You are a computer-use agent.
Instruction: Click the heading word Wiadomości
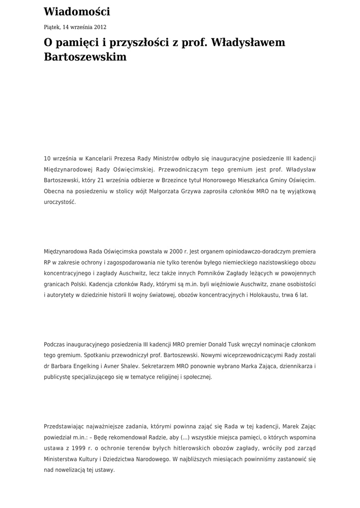click(77, 12)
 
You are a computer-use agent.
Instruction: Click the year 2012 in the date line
click(99, 27)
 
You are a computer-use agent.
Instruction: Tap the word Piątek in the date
click(52, 27)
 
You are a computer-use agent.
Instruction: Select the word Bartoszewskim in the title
click(85, 57)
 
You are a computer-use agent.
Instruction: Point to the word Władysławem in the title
click(248, 43)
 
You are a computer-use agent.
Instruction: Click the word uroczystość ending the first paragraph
click(60, 202)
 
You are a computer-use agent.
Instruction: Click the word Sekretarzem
click(174, 366)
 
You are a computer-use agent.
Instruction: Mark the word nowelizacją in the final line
click(72, 470)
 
